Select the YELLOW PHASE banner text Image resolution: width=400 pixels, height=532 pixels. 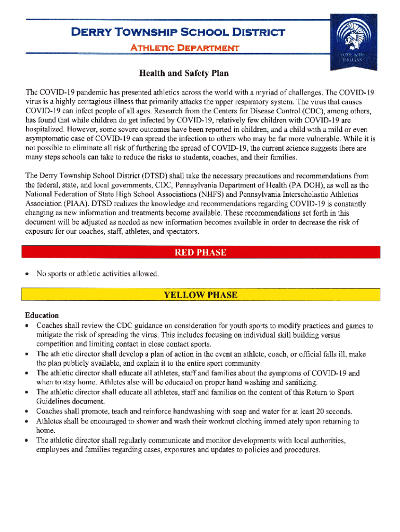pyautogui.click(x=201, y=295)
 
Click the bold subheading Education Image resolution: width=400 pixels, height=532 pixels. pyautogui.click(x=42, y=315)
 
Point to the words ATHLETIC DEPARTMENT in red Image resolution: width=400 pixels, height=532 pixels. pyautogui.click(x=184, y=48)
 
